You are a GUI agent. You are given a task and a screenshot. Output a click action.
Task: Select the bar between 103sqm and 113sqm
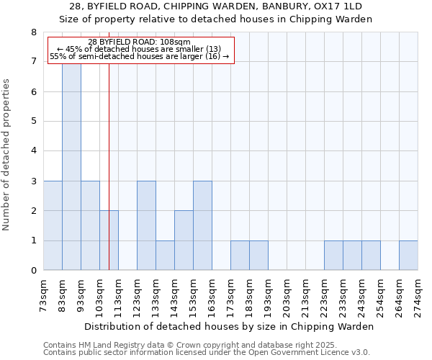coord(109,240)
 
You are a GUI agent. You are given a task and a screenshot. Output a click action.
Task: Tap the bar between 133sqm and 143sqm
coord(165,256)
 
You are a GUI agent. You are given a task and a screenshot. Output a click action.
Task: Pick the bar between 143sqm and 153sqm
coord(184,240)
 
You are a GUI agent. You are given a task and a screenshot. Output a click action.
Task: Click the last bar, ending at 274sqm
coord(408,256)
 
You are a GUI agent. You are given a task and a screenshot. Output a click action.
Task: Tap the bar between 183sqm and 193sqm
coord(258,256)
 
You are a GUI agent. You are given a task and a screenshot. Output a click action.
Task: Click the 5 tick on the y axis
coord(33,122)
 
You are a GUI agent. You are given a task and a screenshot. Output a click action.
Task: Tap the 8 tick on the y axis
coord(33,32)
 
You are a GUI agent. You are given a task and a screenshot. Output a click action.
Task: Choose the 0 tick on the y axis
coord(33,271)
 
